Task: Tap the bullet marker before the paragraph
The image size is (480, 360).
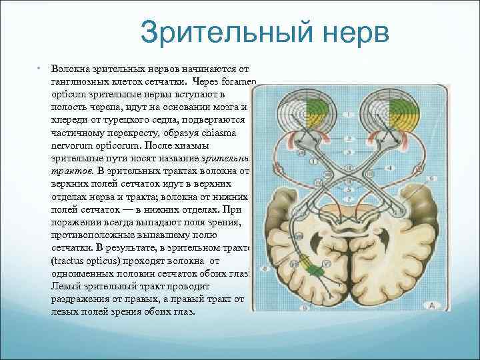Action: pyautogui.click(x=39, y=69)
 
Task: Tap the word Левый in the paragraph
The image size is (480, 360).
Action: pyautogui.click(x=64, y=287)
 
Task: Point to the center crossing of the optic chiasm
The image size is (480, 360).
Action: pyautogui.click(x=347, y=169)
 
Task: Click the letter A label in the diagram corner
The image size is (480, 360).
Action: pyautogui.click(x=431, y=305)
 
